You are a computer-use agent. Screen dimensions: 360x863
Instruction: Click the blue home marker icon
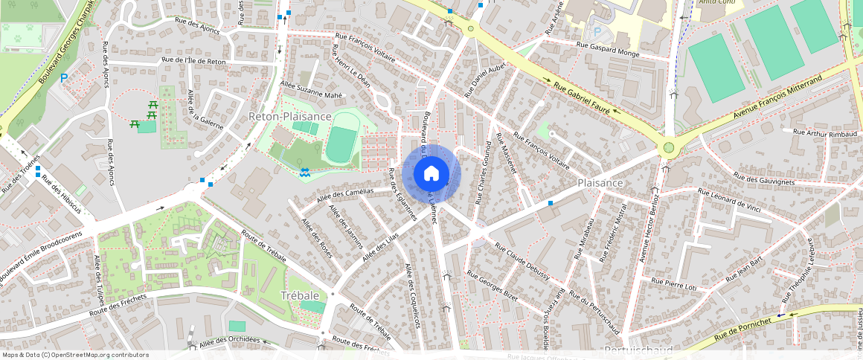pyautogui.click(x=431, y=174)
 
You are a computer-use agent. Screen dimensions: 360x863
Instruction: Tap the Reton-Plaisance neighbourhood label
pyautogui.click(x=290, y=117)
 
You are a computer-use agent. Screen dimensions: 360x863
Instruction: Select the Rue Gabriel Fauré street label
pyautogui.click(x=583, y=97)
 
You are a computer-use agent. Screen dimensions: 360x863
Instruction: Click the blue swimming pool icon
pyautogui.click(x=305, y=173)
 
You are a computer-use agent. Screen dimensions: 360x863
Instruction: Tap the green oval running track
pyautogui.click(x=341, y=144)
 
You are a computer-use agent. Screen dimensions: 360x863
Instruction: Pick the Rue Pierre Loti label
pyautogui.click(x=673, y=283)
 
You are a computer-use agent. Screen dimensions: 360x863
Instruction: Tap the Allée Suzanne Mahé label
pyautogui.click(x=312, y=90)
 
